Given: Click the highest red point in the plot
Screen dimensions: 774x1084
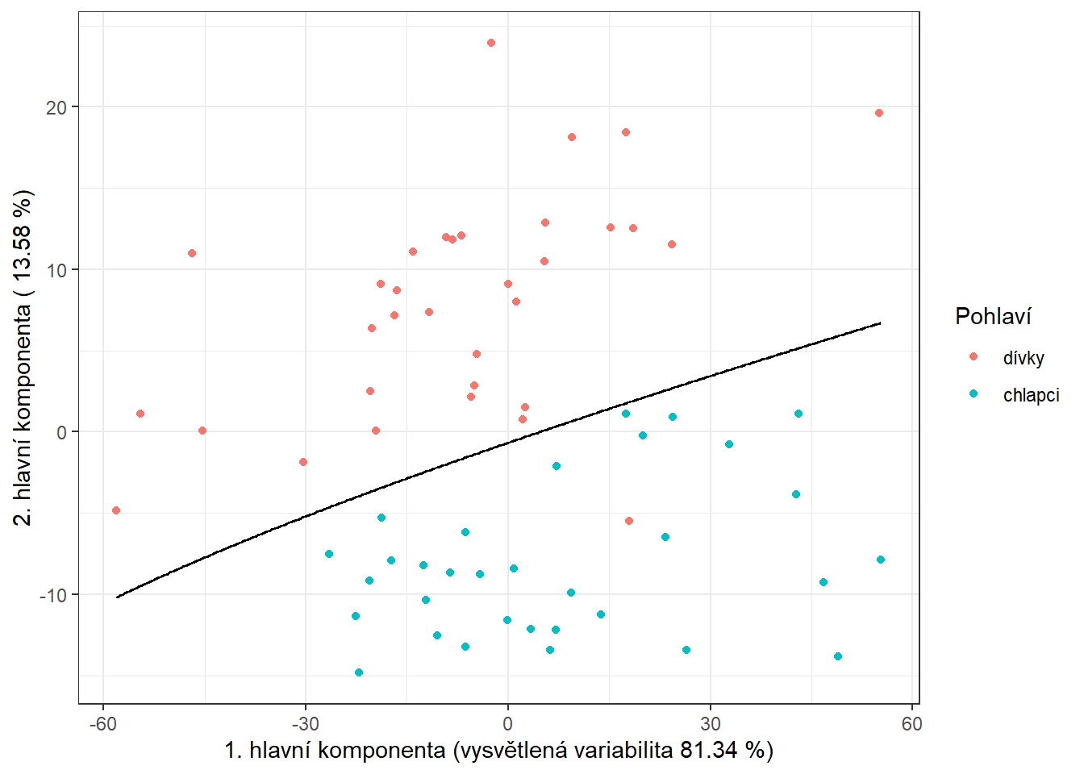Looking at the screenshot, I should point(491,43).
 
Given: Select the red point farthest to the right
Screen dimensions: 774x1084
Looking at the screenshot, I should point(879,113).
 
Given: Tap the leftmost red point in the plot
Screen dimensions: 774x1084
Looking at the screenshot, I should point(116,510).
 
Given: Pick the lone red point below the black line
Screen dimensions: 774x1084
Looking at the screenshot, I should point(629,521).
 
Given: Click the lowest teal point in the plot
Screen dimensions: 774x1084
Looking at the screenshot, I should point(359,672).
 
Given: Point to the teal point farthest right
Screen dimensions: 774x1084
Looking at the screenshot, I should point(881,560).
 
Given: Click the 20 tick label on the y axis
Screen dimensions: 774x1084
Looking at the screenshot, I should point(56,107).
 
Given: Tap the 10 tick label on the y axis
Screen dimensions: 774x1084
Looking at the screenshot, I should point(56,270).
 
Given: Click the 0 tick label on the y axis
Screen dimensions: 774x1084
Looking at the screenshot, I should point(62,432).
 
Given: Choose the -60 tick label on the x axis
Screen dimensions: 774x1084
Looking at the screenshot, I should point(102,724).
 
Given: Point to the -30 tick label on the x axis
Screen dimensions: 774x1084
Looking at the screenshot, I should point(305,724).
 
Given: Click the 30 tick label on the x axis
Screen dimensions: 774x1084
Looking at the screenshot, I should point(711,724).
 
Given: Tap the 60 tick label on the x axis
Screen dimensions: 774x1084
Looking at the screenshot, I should point(912,724).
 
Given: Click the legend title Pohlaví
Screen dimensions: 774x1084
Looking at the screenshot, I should point(993,316).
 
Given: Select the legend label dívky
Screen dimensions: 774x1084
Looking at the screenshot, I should point(1024,358).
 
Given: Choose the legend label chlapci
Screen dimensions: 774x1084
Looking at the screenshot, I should point(1031,395).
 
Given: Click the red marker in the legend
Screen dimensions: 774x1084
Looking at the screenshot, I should point(974,356).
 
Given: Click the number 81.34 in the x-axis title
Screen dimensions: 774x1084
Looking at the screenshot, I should point(708,751).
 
